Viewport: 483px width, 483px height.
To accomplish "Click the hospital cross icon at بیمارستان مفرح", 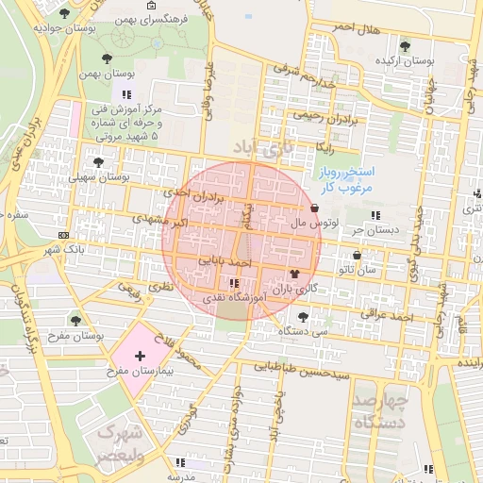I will [x=141, y=356].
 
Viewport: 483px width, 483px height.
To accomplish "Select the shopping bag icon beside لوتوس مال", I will [x=314, y=208].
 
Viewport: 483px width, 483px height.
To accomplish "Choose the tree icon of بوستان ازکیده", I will [x=405, y=45].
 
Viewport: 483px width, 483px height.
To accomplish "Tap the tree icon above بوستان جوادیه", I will [x=64, y=13].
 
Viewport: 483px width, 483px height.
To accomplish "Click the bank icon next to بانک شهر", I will [x=63, y=235].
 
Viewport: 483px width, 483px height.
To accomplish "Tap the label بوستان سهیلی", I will [x=98, y=176].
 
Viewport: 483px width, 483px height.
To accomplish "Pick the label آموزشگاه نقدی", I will [x=234, y=297].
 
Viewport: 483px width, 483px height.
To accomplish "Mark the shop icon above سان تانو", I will [x=357, y=256].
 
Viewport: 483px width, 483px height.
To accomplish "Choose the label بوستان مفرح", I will [x=74, y=336].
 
